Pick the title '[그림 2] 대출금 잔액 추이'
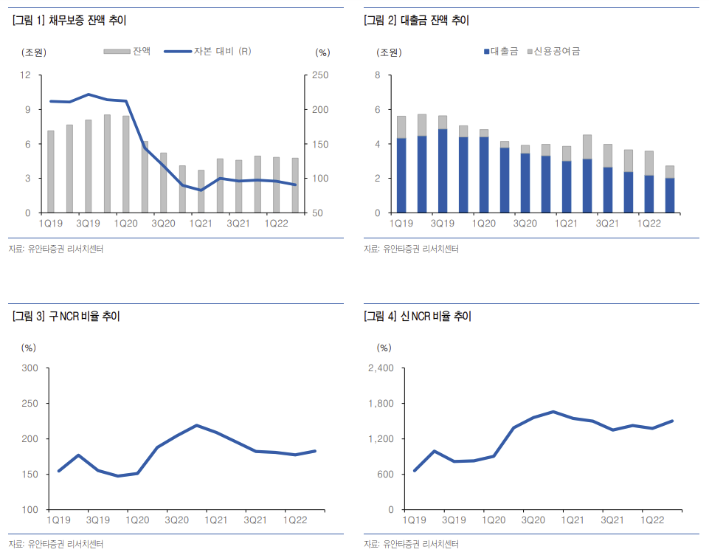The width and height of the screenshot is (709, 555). tap(417, 21)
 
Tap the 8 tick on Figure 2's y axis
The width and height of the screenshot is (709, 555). tap(378, 75)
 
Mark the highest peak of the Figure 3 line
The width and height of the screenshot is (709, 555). tap(196, 425)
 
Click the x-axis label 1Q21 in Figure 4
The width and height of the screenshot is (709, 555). tap(573, 520)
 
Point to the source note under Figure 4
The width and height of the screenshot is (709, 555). tap(411, 545)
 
